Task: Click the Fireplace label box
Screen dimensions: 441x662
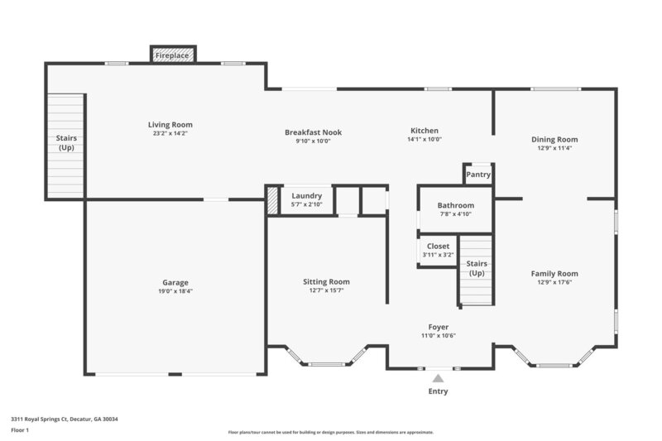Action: (x=173, y=55)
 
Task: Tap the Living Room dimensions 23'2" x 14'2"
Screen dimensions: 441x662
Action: (x=170, y=133)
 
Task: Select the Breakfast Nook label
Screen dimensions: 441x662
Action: (x=313, y=132)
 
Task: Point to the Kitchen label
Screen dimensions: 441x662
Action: (x=425, y=131)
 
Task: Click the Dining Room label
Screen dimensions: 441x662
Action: (x=554, y=140)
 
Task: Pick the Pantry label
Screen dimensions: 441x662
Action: (x=478, y=175)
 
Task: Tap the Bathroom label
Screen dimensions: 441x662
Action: (x=456, y=205)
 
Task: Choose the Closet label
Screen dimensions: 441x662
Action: (x=438, y=247)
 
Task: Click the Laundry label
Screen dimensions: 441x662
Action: (x=306, y=196)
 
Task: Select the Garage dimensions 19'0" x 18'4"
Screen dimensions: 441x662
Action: (x=175, y=291)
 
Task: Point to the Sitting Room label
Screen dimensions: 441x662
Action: (x=326, y=281)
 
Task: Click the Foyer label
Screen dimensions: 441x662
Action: (x=438, y=327)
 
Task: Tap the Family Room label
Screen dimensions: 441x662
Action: (x=554, y=273)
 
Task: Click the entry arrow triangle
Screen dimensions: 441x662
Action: (x=438, y=377)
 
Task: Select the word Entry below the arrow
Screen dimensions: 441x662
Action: (x=438, y=391)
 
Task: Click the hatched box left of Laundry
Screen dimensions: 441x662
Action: (x=272, y=200)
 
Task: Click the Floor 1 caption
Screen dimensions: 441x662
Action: (x=21, y=430)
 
